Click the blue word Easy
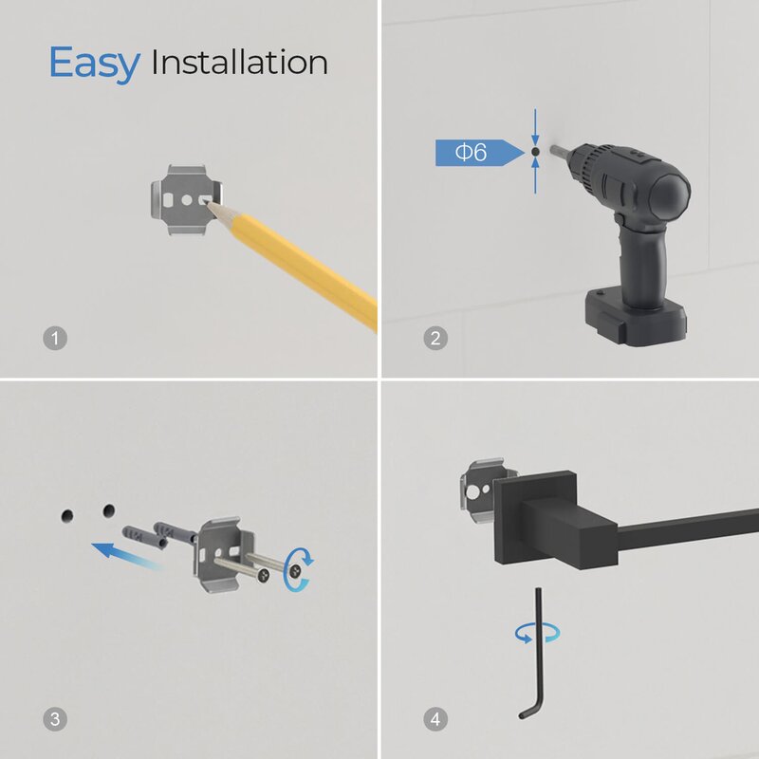coord(94,64)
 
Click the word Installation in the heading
coord(240,63)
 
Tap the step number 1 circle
coord(55,338)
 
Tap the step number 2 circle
coord(435,338)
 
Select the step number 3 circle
coord(55,719)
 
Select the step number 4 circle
coord(435,719)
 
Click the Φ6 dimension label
coord(471,153)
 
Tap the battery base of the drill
coord(635,318)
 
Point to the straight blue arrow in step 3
coord(127,556)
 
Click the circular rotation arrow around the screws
coord(298,570)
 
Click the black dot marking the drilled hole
coord(535,152)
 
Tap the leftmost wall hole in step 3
coord(67,516)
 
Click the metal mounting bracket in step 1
coord(187,199)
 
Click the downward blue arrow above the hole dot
coord(535,127)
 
